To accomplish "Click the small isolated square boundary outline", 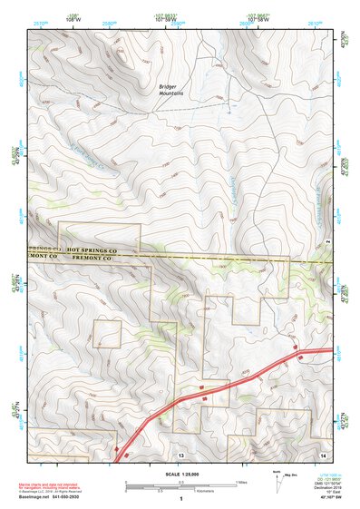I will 108,333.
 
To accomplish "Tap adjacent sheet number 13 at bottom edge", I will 180,454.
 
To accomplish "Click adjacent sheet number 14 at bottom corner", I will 324,454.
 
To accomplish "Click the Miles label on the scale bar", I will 241,481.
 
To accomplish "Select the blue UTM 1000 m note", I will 325,475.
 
